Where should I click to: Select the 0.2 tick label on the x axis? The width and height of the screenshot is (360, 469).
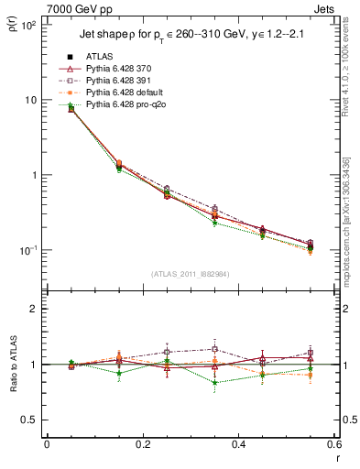click(x=142, y=445)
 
